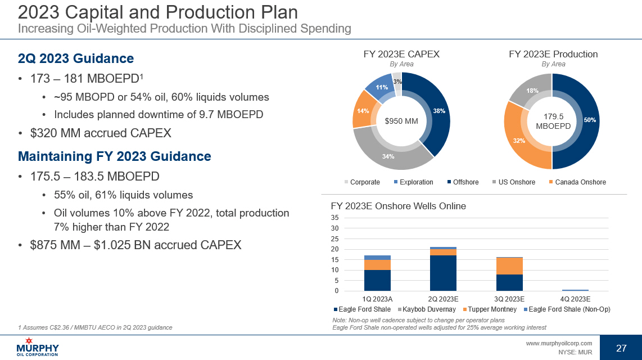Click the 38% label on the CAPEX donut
440,111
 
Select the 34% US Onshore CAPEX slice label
388,156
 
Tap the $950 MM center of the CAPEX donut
401,120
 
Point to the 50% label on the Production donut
590,120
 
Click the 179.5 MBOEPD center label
553,121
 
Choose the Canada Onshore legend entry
576,182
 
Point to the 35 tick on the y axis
335,218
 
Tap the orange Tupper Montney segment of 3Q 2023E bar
510,266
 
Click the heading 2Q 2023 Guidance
76,58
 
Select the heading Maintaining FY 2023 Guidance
115,156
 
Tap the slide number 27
621,348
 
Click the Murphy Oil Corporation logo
38,347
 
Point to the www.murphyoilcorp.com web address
559,343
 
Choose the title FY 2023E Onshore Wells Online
398,206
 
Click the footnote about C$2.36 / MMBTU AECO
96,327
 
